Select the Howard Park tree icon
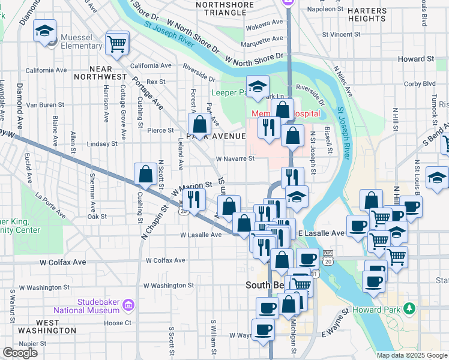coord(409,308)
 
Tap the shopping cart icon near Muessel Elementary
coord(116,43)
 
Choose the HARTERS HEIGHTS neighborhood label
coord(367,14)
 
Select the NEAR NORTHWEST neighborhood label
coord(100,72)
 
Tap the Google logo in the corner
coord(20,353)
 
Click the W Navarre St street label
coord(235,159)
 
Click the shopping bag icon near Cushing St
coord(145,174)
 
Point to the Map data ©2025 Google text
coord(411,355)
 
